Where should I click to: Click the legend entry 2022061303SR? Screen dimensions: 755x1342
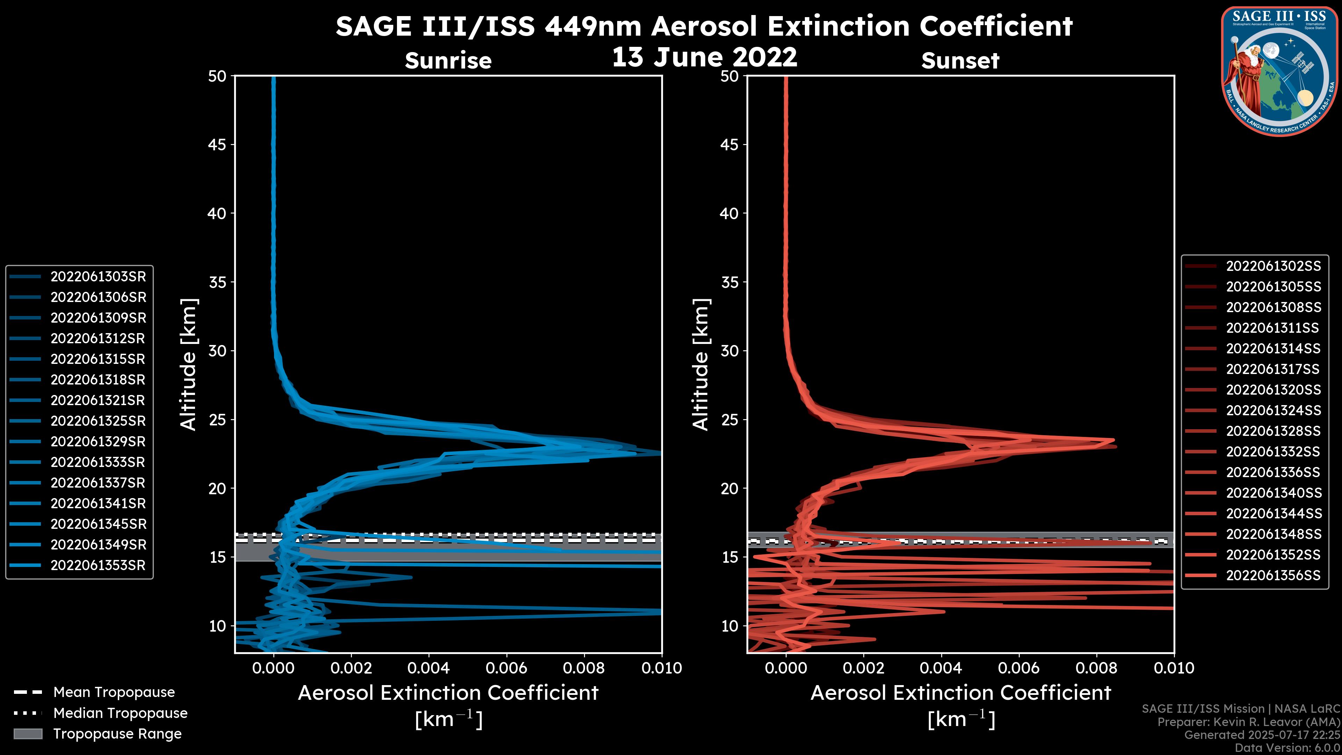coord(98,277)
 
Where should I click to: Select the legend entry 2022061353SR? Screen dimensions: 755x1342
coord(98,565)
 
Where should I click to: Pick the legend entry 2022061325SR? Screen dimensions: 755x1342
coord(98,421)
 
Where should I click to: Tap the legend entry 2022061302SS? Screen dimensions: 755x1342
coord(1273,266)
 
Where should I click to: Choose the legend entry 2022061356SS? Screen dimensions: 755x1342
coord(1273,575)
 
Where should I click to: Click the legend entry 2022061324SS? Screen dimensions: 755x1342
coord(1273,411)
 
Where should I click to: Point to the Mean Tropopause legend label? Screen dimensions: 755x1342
coord(114,692)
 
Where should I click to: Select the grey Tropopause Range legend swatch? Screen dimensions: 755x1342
coord(28,734)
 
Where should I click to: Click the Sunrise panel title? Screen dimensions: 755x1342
coord(448,61)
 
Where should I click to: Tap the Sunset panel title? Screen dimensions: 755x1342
coord(960,61)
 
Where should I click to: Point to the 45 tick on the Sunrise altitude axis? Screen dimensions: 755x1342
coord(218,145)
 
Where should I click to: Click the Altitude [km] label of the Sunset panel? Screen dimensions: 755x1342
coord(701,364)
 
